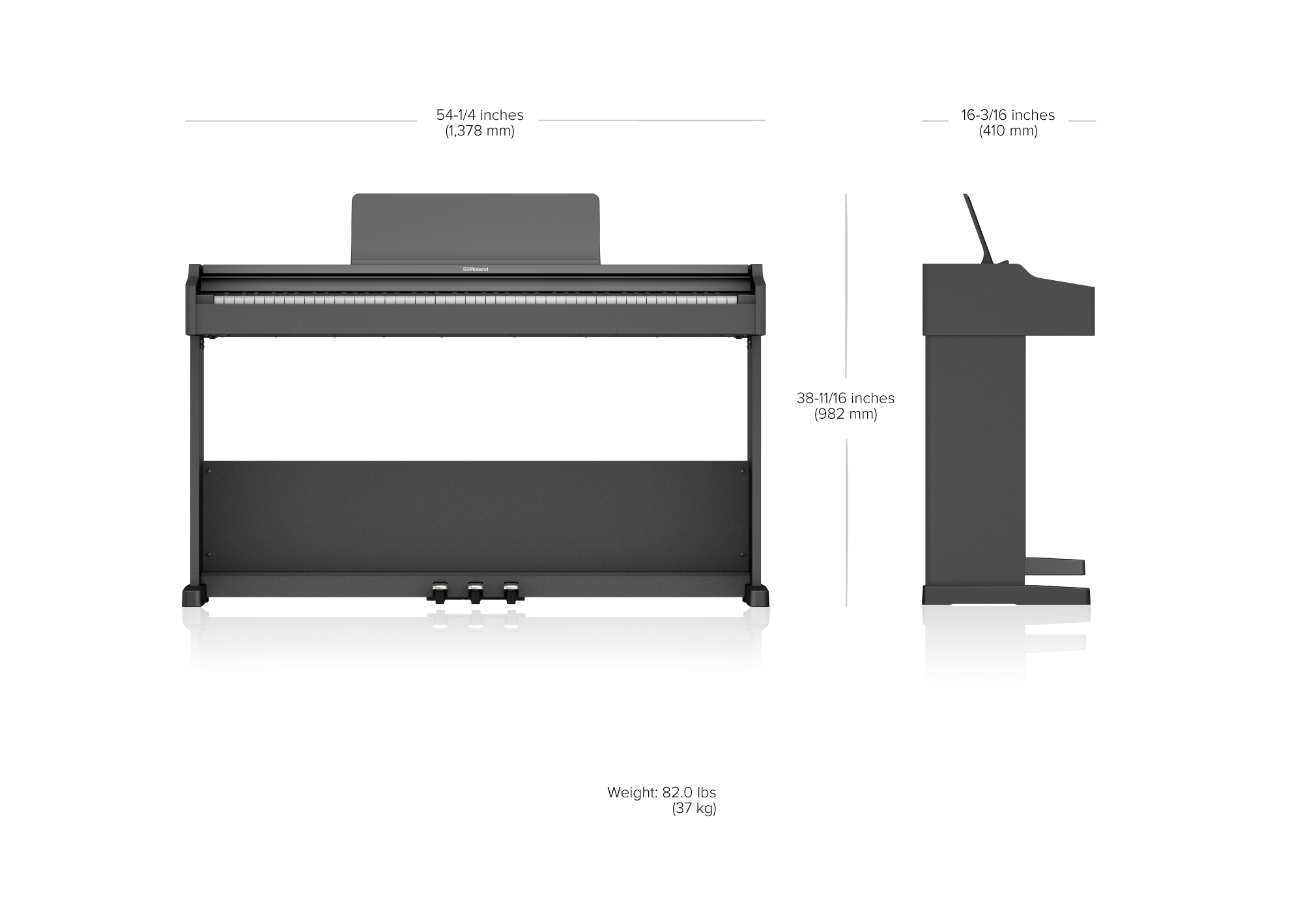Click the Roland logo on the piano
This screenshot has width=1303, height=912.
tap(475, 269)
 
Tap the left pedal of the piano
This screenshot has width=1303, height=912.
tap(439, 592)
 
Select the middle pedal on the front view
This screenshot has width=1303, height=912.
tap(476, 592)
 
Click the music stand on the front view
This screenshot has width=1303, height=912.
tap(475, 229)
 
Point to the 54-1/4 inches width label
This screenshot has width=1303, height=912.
tap(480, 115)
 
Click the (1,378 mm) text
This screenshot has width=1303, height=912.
tap(480, 131)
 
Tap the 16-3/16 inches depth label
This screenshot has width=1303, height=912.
tap(1008, 115)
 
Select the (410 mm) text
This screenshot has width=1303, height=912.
tap(1009, 131)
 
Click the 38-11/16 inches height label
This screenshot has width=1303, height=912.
tap(846, 398)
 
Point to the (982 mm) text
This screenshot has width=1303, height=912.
tap(846, 414)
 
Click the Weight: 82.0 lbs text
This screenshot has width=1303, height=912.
tap(661, 793)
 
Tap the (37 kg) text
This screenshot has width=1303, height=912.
tap(694, 809)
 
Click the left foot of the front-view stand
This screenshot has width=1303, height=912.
tap(194, 595)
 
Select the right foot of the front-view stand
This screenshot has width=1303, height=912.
tap(756, 595)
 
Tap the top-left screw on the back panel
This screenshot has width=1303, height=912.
tap(208, 471)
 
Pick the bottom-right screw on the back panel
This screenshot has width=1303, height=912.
tap(743, 554)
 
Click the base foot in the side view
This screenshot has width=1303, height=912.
tap(1007, 595)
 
